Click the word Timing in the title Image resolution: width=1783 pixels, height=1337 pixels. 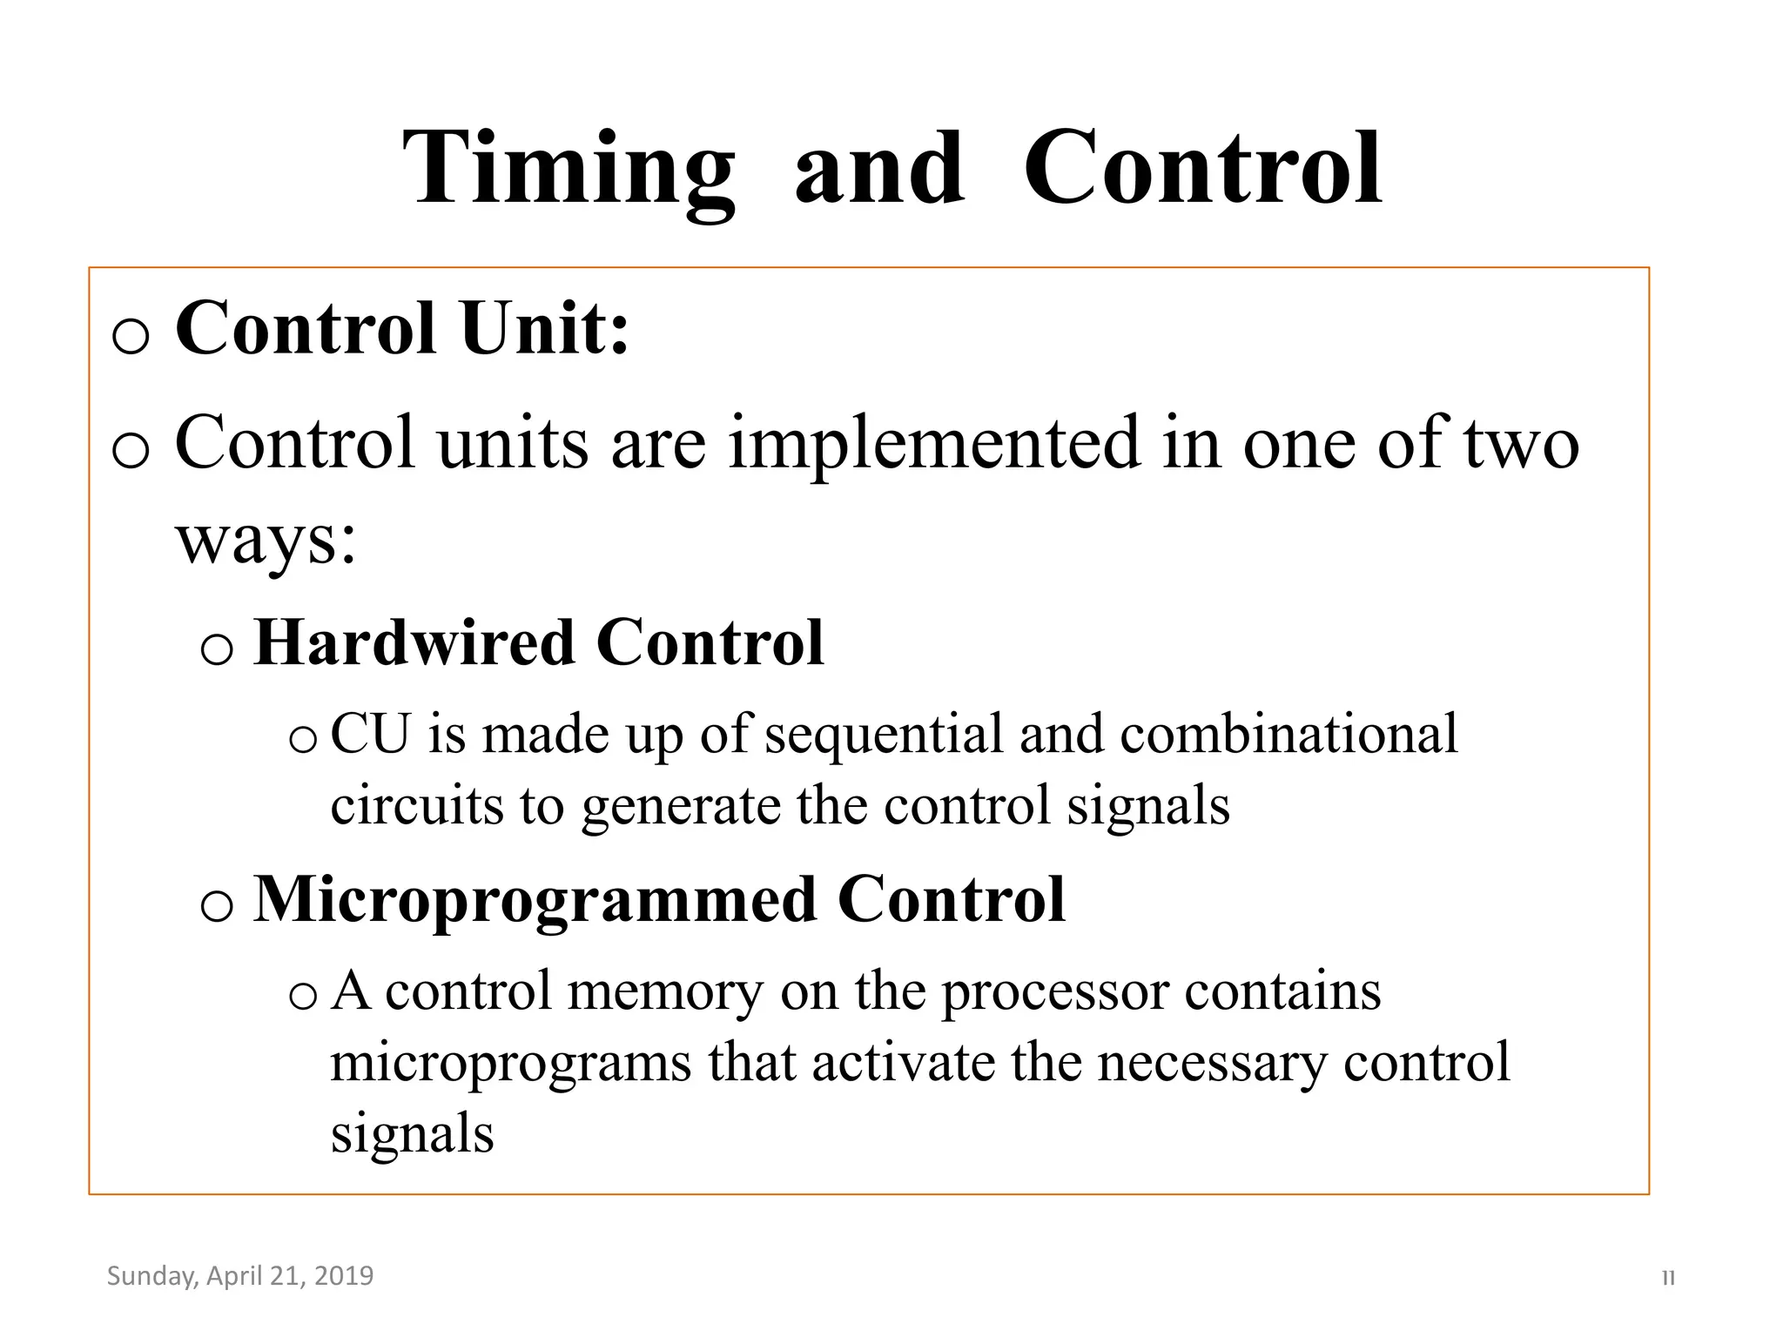click(569, 170)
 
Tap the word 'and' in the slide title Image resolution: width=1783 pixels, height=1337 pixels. click(879, 170)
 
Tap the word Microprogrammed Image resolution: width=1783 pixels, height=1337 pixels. click(535, 900)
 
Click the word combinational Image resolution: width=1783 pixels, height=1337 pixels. click(1288, 734)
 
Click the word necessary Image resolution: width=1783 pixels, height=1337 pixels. click(1211, 1064)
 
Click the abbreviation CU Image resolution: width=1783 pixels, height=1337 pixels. click(370, 734)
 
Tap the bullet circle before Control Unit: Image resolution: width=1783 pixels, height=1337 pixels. click(131, 336)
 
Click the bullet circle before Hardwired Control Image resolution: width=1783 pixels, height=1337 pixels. click(216, 649)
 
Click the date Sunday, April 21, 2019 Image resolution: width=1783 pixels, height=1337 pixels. click(239, 1276)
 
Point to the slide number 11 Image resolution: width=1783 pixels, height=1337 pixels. click(1668, 1279)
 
